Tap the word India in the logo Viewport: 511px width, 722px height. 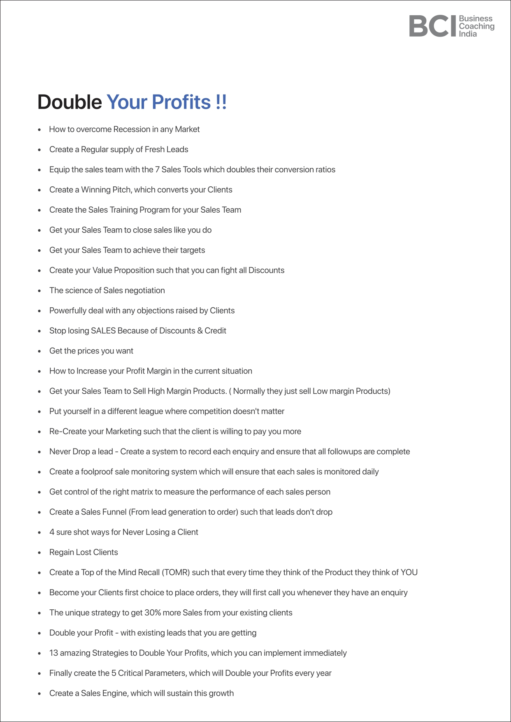point(468,34)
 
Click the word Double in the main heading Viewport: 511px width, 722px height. point(70,102)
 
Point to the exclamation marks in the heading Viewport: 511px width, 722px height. point(221,102)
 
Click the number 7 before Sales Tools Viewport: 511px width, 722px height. point(157,169)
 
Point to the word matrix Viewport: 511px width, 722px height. point(141,492)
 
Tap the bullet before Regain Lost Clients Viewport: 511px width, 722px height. point(39,553)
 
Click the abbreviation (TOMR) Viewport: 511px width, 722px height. point(176,573)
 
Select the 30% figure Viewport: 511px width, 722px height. point(153,613)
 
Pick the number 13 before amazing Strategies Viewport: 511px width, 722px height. point(53,653)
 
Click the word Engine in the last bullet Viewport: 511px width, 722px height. point(115,694)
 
